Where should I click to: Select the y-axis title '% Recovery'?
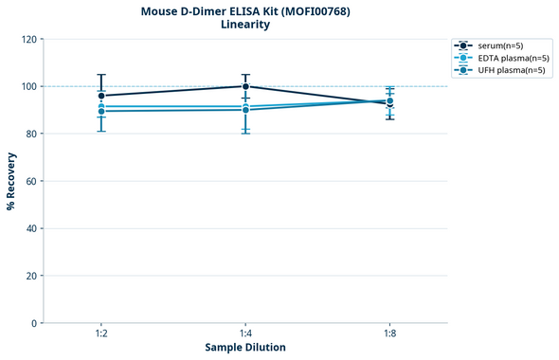[11, 181]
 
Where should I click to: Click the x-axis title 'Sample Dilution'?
[245, 347]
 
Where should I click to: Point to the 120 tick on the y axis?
[28, 39]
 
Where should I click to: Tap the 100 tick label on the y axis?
[28, 86]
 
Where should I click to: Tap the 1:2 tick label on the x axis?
[101, 334]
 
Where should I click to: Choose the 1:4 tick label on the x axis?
[245, 334]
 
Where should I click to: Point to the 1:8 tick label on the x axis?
[390, 334]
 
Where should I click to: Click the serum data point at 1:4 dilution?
[245, 86]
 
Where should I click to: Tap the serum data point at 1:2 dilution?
[101, 96]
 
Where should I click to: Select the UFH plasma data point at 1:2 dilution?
[101, 111]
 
